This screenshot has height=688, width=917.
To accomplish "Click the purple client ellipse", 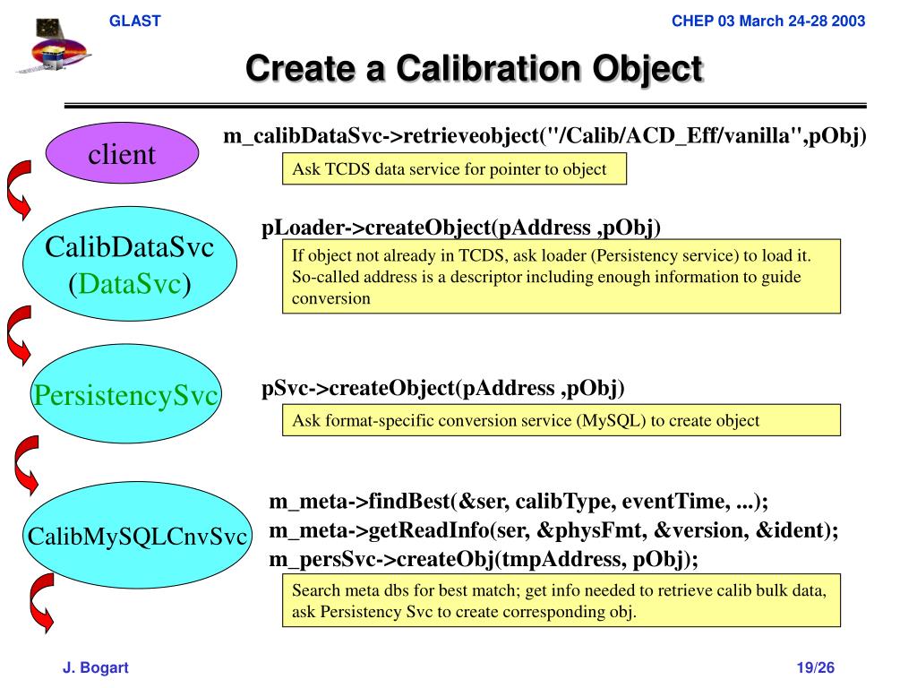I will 122,155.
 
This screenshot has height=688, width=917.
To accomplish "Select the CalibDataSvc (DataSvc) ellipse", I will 130,265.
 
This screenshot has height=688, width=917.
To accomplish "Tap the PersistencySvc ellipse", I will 126,395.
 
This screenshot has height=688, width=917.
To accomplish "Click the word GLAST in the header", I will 134,21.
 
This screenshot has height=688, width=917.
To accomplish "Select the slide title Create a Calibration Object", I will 475,69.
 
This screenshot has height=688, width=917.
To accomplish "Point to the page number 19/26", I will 816,667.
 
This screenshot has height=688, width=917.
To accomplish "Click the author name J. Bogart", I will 96,667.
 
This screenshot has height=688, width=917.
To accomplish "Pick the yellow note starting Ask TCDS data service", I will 454,168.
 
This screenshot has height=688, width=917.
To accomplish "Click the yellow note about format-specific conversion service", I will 561,420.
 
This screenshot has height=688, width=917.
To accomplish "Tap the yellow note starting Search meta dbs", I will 561,601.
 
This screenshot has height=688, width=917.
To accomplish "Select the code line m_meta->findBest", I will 518,502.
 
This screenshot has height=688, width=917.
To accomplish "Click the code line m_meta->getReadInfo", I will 553,530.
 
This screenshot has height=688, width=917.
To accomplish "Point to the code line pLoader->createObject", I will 460,228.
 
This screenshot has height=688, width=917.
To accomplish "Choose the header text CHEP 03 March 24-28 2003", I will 768,21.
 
